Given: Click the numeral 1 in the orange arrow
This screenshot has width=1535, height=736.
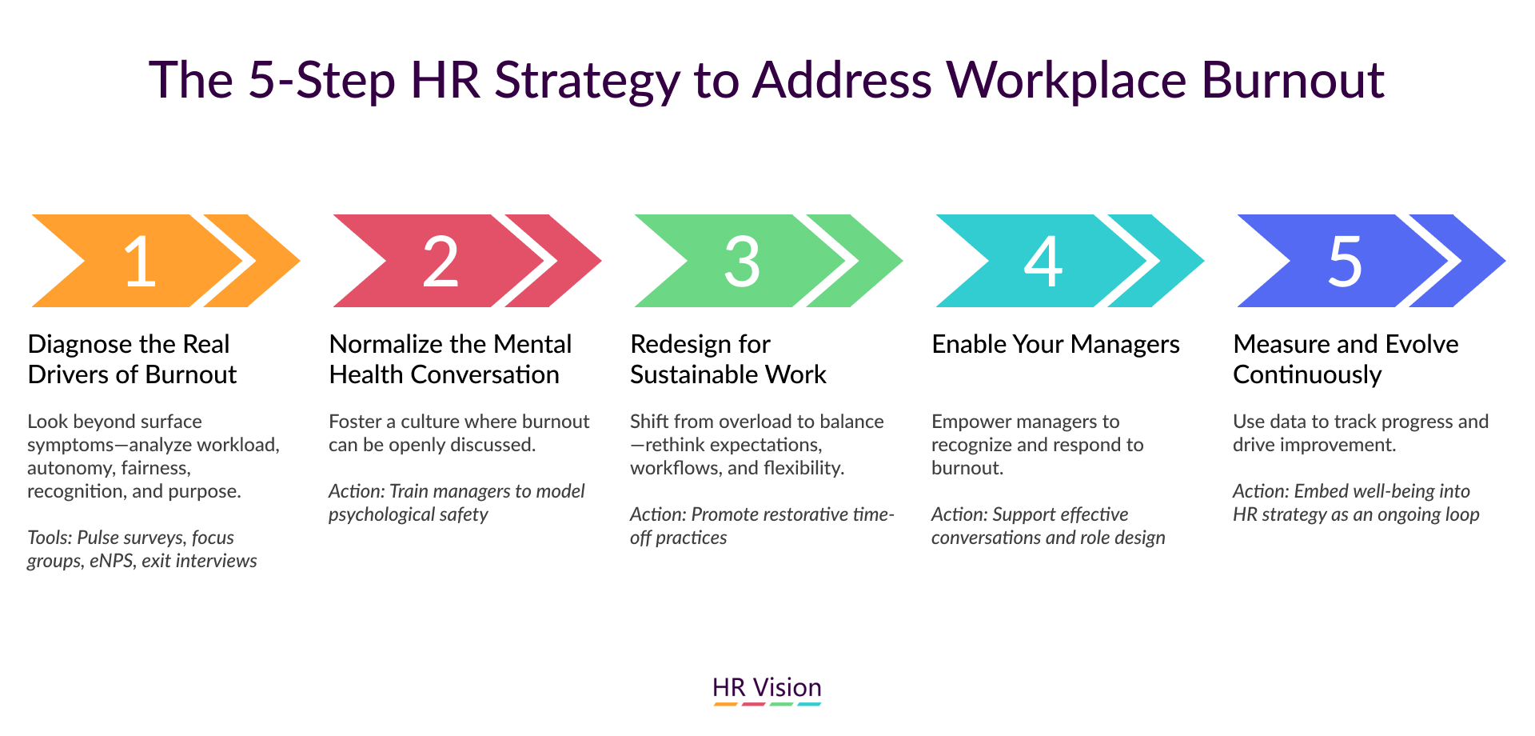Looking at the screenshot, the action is (141, 261).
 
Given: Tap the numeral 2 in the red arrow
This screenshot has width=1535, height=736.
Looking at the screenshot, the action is (441, 261).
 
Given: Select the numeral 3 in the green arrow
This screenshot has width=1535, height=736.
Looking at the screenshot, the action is (742, 261).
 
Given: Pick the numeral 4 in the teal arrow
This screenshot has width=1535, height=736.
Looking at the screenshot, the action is (1043, 261).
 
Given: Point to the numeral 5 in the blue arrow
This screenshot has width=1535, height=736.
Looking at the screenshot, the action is (1345, 262).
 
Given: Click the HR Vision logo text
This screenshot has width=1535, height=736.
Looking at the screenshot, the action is (767, 687).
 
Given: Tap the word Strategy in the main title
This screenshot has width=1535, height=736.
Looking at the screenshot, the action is (588, 82).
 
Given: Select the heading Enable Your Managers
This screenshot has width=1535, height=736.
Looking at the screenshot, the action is (1055, 344).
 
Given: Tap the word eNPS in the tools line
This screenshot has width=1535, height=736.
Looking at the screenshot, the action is (112, 561).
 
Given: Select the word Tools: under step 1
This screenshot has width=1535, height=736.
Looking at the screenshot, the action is (50, 538).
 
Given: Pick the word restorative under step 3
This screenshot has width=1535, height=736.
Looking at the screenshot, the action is (798, 514).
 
